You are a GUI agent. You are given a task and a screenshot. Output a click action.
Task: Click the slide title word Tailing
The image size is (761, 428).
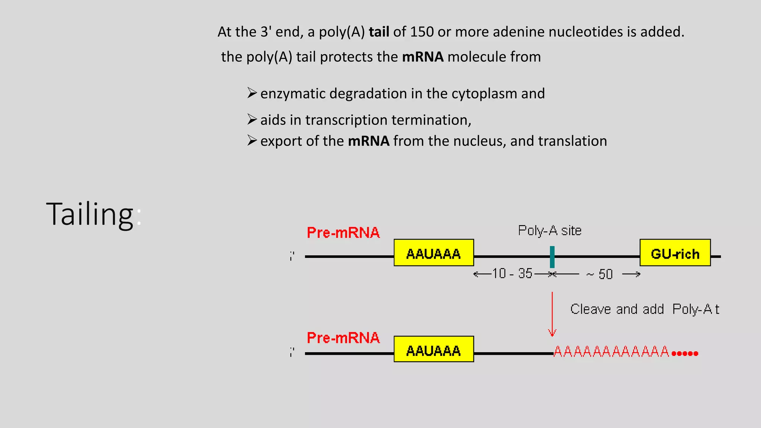(90, 214)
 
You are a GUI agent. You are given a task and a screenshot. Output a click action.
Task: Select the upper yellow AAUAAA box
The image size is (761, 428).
(434, 253)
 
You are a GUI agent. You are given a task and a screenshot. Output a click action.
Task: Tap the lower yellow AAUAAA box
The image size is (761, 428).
(434, 349)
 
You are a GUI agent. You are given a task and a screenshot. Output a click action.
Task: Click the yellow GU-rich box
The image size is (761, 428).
(675, 253)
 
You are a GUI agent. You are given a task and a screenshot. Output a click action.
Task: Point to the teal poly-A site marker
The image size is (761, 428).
(552, 257)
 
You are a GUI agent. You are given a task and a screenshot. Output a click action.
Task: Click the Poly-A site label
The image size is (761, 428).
(550, 231)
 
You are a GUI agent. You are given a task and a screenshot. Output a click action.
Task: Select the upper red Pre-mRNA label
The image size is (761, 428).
(343, 233)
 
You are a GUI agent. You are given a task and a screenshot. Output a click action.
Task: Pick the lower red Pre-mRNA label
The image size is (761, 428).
(343, 338)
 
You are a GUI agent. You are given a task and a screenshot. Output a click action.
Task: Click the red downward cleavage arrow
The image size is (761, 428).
(552, 314)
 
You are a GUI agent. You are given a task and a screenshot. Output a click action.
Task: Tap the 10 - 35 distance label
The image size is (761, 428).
(512, 273)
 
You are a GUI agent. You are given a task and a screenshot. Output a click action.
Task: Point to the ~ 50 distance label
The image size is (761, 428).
(599, 275)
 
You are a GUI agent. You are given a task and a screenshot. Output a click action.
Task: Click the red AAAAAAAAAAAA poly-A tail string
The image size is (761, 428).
(611, 351)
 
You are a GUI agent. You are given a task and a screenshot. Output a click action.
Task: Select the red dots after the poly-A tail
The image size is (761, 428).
(685, 353)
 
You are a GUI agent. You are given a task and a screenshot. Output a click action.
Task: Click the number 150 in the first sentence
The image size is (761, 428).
(422, 32)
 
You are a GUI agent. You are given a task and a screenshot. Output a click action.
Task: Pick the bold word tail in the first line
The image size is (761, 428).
(379, 32)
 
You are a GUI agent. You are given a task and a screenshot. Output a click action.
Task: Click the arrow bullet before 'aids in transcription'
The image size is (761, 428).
(252, 119)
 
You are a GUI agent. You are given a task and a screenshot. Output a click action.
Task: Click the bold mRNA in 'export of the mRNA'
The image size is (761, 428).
(369, 141)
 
